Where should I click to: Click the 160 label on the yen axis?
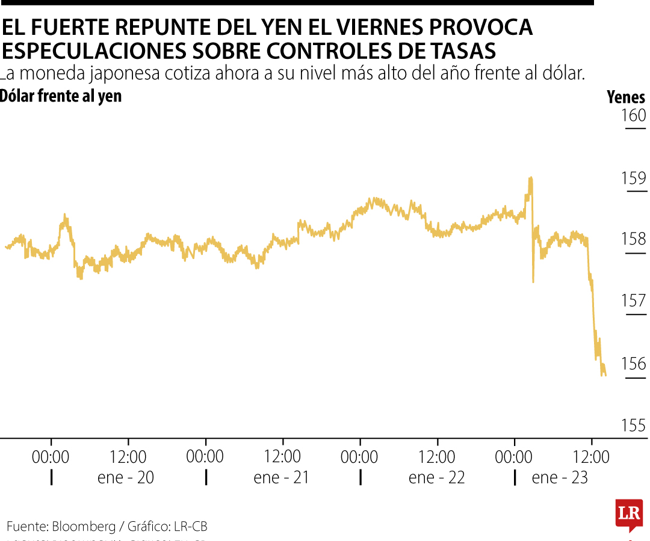pos(633,115)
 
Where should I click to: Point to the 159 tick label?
pos(633,179)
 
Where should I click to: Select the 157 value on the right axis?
pos(633,301)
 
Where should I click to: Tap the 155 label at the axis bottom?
pos(633,426)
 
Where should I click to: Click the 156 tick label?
pos(633,364)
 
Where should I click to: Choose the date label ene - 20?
pos(126,478)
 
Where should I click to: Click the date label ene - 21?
pos(281,478)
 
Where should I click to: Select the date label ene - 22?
pos(436,478)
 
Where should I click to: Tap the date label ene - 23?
pos(560,478)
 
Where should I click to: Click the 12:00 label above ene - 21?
pos(283,457)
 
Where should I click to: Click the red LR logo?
pos(628,515)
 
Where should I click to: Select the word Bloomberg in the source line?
pos(84,527)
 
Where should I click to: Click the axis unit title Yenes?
pos(626,97)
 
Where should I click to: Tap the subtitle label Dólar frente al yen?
pos(61,96)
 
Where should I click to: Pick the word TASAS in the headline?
pos(463,51)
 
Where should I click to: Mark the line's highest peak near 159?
pos(530,178)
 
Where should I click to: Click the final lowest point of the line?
pos(605,375)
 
